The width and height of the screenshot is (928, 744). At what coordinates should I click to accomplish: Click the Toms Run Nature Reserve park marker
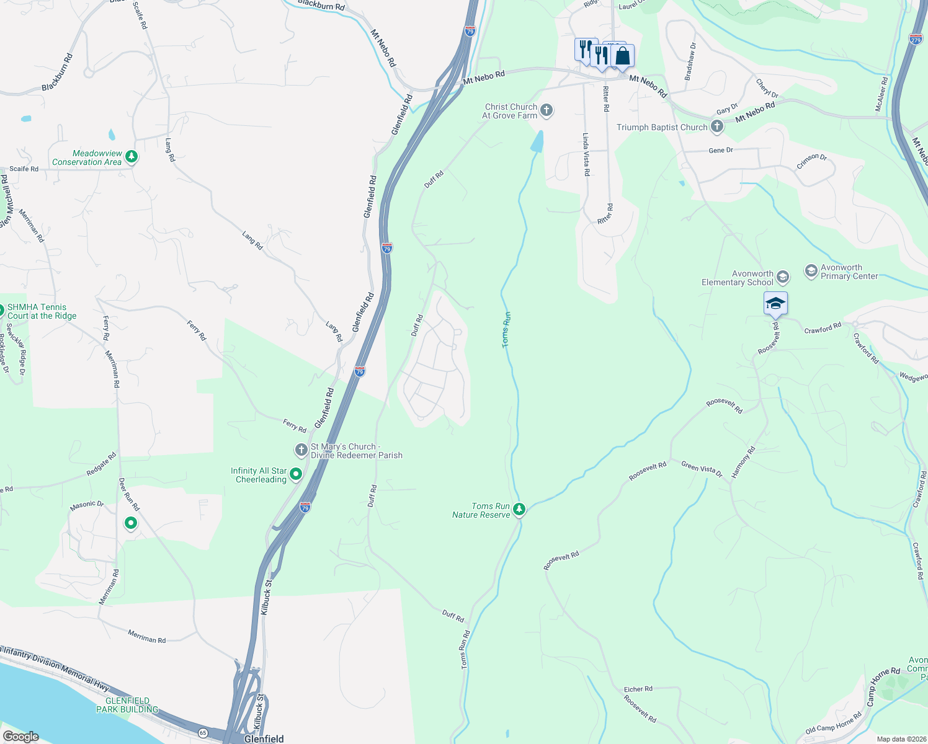[519, 510]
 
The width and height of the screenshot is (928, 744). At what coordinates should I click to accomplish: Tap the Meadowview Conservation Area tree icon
[131, 157]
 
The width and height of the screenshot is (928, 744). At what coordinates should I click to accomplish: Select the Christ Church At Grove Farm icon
[546, 111]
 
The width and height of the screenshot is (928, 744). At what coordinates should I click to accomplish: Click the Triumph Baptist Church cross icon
[716, 127]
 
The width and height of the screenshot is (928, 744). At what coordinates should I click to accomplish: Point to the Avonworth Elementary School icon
[783, 277]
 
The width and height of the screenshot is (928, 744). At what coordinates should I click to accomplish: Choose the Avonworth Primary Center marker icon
[811, 271]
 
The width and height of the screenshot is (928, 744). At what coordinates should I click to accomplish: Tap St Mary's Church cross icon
[301, 450]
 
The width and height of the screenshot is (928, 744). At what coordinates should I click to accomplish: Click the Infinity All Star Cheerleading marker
[296, 475]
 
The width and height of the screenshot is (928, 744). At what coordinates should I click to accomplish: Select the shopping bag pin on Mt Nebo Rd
[622, 56]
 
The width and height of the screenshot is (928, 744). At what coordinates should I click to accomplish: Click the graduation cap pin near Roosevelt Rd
[775, 304]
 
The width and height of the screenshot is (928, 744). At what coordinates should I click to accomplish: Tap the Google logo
[21, 736]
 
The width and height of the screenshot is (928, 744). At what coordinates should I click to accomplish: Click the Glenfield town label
[264, 738]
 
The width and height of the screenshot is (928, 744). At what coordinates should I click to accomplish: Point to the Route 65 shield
[203, 733]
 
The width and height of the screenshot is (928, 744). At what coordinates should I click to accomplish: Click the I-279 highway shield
[916, 39]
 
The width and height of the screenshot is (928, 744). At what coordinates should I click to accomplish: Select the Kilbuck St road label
[266, 598]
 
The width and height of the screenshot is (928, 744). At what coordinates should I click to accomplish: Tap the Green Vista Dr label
[702, 469]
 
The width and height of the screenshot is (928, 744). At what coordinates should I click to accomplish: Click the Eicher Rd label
[638, 689]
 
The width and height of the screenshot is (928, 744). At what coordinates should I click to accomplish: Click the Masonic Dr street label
[87, 504]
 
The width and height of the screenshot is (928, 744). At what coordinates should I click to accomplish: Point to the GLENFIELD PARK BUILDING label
[127, 705]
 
